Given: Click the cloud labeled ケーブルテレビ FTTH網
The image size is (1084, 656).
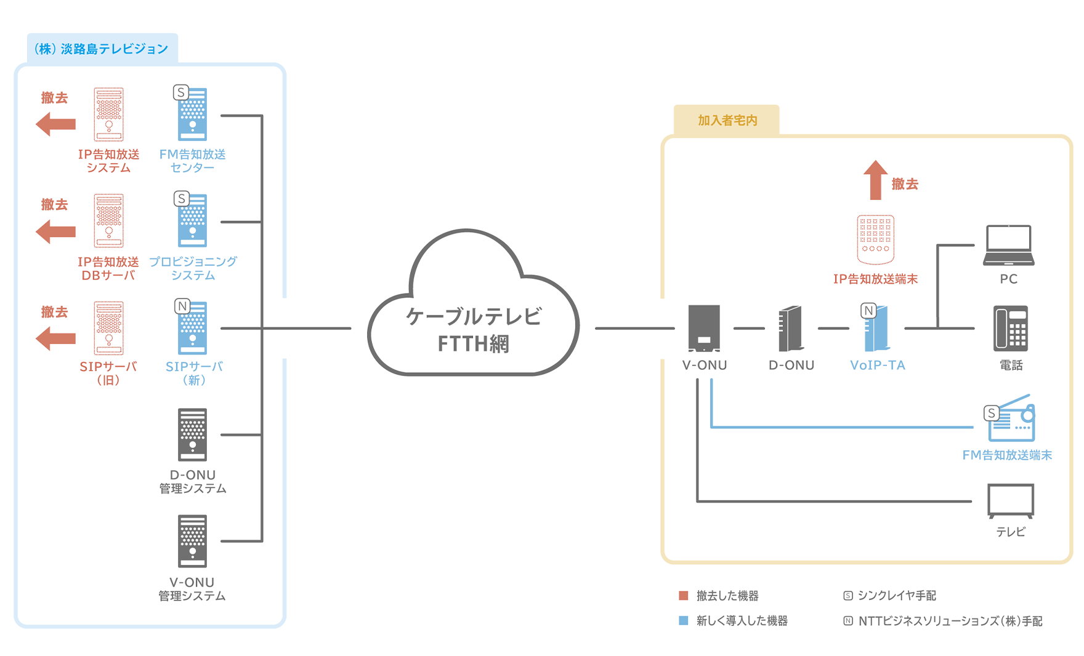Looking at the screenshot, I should pos(473,314).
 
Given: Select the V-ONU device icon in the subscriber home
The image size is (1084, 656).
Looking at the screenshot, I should pos(704,328).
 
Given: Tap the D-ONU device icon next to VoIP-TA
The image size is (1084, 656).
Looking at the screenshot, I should pos(791,328).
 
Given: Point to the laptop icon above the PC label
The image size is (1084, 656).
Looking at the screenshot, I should pos(1008,246).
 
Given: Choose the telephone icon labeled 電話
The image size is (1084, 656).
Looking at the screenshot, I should pos(1011,328).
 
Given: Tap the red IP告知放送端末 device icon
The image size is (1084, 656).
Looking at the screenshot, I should pos(875,239).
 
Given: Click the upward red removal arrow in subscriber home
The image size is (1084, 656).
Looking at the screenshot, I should pos(875,180).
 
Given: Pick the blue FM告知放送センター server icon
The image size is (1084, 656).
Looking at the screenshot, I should pos(192,115).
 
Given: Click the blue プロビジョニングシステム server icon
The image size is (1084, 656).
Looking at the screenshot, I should pos(192,222).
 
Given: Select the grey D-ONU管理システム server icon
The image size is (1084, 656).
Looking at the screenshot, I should pos(192,434).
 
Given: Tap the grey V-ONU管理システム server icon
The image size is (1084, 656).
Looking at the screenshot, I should pos(192,541).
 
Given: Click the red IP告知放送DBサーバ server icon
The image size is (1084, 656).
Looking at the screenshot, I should pos(109,221).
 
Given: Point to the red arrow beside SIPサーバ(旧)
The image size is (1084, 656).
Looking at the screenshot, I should pos(56,338).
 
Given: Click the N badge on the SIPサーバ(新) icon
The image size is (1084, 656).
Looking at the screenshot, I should pos(182,306).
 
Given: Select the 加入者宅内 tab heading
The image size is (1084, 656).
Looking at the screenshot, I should pos(727,121).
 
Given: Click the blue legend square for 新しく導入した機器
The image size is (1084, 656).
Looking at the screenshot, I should pos(683,620).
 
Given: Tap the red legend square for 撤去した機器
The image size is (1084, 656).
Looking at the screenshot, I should pos(683,595).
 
